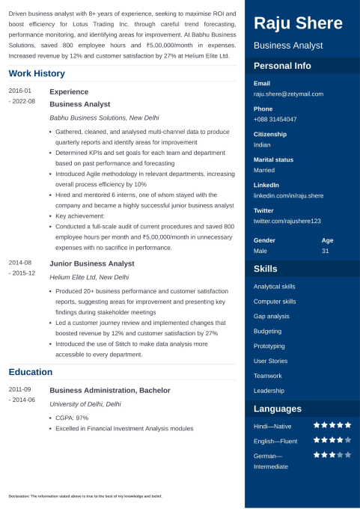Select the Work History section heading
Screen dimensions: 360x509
[37, 73]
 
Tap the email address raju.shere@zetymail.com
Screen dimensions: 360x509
[288, 94]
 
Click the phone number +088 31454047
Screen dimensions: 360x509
[275, 119]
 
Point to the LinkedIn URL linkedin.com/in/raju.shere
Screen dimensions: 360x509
[288, 195]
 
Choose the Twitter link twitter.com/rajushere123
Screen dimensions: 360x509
[287, 221]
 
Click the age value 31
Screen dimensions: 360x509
[325, 251]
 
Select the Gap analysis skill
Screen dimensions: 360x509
[271, 316]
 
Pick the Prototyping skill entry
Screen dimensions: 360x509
[269, 346]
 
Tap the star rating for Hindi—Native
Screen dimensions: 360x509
[332, 425]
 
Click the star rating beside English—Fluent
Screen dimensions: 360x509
[332, 440]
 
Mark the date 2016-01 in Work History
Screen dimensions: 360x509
[20, 91]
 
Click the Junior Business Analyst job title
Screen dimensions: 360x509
[92, 263]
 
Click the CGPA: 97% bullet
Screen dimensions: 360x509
[72, 417]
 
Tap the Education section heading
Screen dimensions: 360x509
[31, 372]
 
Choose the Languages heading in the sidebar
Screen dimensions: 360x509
[278, 409]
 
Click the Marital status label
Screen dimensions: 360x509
[273, 159]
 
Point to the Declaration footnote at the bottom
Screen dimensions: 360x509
[85, 496]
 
